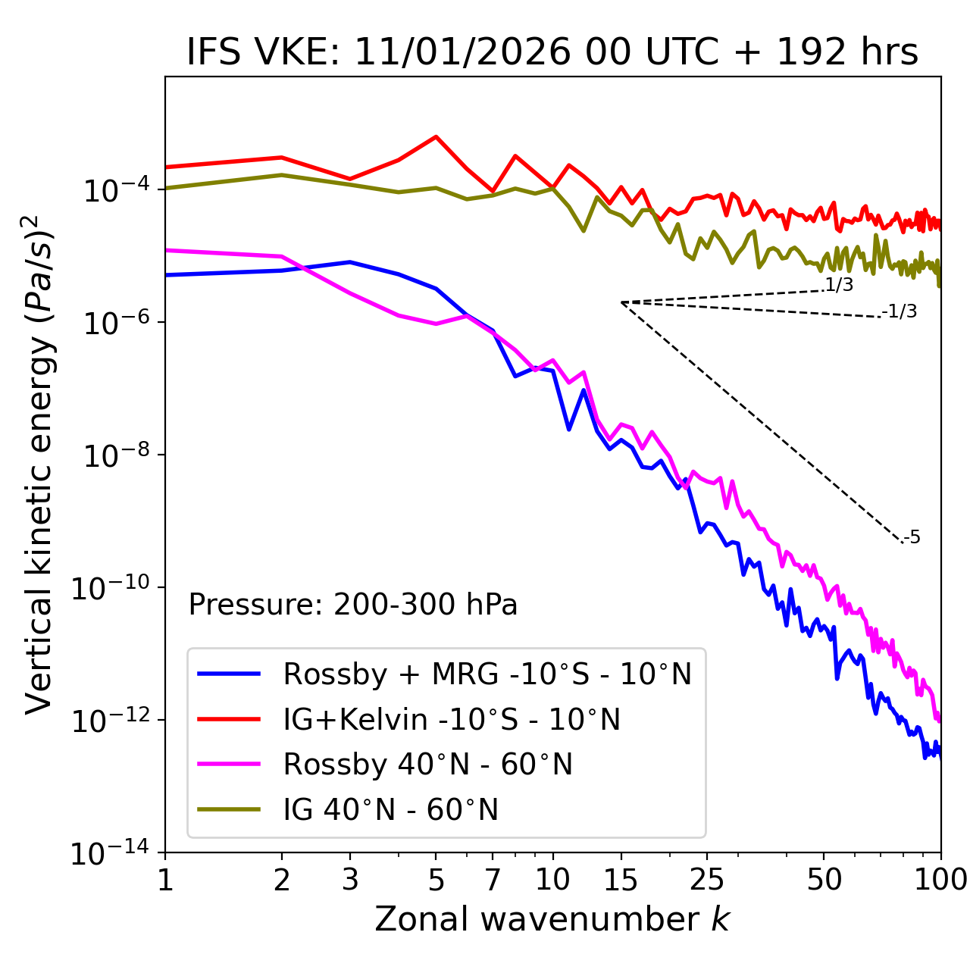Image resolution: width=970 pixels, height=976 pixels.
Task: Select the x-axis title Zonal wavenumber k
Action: [552, 919]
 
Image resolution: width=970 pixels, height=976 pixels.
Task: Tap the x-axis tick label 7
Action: [493, 880]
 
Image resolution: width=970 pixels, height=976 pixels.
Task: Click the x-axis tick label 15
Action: [621, 880]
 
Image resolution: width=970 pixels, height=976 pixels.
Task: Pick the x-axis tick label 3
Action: [350, 880]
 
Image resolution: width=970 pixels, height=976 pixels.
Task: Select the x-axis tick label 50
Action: [824, 880]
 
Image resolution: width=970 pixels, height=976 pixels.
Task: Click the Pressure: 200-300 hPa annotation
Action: [352, 605]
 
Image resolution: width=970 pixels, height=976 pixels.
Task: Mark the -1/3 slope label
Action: [900, 311]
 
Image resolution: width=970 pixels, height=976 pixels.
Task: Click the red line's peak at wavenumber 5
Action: [436, 136]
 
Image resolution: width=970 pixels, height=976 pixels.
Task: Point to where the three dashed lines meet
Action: [621, 302]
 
